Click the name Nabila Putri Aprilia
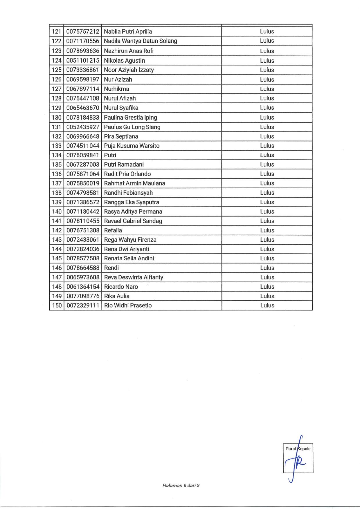tap(128, 31)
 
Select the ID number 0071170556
tap(83, 41)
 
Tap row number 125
tap(57, 70)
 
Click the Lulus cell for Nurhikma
tap(267, 89)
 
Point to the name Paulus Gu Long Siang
tap(132, 127)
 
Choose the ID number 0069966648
tap(83, 136)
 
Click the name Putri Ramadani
tap(124, 165)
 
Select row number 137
tap(57, 183)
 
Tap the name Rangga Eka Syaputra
tap(132, 202)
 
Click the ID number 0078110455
tap(83, 221)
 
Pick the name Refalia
tap(113, 230)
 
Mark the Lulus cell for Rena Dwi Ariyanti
tap(267, 249)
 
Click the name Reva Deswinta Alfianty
tap(134, 277)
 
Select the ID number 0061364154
tap(83, 287)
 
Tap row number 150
tap(57, 305)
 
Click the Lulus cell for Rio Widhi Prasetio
tap(267, 305)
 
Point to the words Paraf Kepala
tap(298, 449)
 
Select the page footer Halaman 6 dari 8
tap(181, 485)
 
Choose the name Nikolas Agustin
tap(124, 61)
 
